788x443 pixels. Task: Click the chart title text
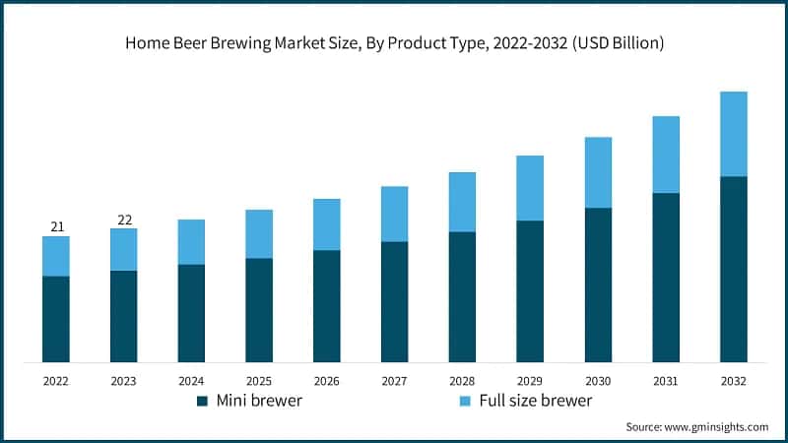(394, 42)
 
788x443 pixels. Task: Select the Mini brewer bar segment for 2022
(56, 318)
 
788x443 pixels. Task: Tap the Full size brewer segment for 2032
(734, 134)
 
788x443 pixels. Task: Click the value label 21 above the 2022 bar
(57, 227)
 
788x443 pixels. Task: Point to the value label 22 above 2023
(124, 220)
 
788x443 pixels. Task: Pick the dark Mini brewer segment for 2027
(395, 301)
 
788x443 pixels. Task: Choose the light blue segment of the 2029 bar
(530, 188)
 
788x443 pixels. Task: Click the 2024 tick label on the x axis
(191, 380)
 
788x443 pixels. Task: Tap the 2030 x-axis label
(598, 380)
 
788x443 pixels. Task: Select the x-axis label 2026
(327, 380)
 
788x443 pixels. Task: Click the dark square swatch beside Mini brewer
(202, 401)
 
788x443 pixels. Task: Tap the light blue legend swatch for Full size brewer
(465, 401)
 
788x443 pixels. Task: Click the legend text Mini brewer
(259, 401)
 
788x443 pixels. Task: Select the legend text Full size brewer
(536, 401)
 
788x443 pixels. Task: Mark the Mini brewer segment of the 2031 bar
(666, 277)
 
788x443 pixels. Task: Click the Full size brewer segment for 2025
(259, 234)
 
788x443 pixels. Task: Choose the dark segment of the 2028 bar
(462, 296)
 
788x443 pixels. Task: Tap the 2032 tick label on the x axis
(734, 380)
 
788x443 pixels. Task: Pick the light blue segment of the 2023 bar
(124, 250)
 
